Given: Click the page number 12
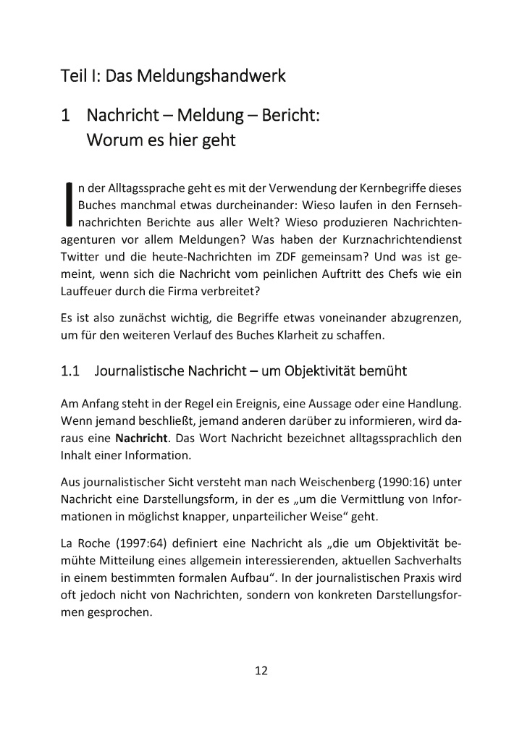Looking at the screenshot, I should pyautogui.click(x=261, y=670).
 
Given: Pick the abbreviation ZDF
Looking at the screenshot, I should pyautogui.click(x=302, y=256).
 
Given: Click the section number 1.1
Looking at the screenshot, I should pyautogui.click(x=70, y=371).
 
